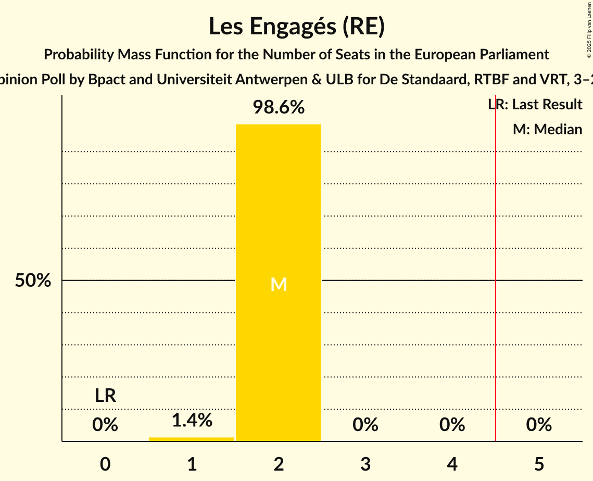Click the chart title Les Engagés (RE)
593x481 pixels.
tap(296, 27)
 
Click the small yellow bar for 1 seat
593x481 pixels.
tap(192, 439)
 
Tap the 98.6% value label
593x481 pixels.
tap(279, 108)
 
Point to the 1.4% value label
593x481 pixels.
tap(192, 420)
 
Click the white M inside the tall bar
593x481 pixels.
tap(279, 284)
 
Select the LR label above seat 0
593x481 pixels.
tap(105, 396)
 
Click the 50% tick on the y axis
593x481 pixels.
tap(33, 281)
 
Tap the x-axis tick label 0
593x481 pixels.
tap(105, 464)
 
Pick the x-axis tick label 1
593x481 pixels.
tap(192, 464)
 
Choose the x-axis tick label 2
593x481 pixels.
tap(279, 464)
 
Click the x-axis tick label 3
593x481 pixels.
tap(365, 464)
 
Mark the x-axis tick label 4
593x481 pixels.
tap(452, 464)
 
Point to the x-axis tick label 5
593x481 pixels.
tap(539, 464)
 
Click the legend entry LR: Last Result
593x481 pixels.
tap(535, 105)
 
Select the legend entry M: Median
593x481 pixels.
tap(547, 129)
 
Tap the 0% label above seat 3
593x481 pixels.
tap(365, 425)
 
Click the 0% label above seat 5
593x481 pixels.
tap(539, 425)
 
